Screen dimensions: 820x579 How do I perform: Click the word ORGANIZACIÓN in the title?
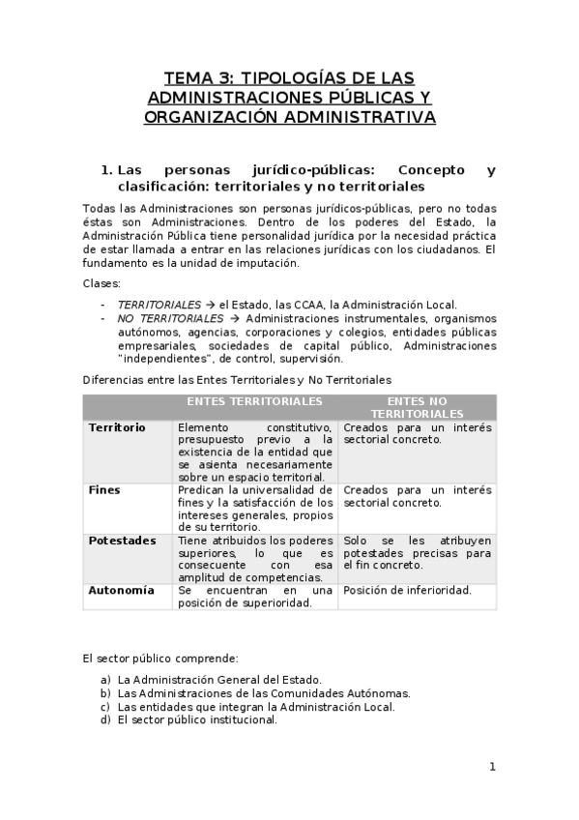tap(209, 117)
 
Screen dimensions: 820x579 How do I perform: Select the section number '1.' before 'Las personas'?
tap(107, 170)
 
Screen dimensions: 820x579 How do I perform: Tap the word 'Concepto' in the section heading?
tap(430, 170)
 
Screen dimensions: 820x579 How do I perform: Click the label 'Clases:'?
tap(101, 283)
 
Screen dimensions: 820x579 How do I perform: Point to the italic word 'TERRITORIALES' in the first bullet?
tap(159, 305)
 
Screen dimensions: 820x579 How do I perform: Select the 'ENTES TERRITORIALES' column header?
tap(254, 400)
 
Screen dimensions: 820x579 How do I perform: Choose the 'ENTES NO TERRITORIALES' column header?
tap(417, 406)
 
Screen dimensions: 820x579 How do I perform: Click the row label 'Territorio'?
tap(116, 426)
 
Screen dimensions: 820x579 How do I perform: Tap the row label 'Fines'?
tap(104, 490)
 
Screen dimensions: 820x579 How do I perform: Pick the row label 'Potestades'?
tap(122, 541)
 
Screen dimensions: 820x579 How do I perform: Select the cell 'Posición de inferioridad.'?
tap(407, 591)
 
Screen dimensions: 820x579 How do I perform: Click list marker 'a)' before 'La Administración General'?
tap(104, 680)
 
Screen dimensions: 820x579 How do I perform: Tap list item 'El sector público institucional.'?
tap(197, 719)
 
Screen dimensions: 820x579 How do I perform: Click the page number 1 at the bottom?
tap(492, 767)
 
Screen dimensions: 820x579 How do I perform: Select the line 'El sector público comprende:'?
tap(154, 659)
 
